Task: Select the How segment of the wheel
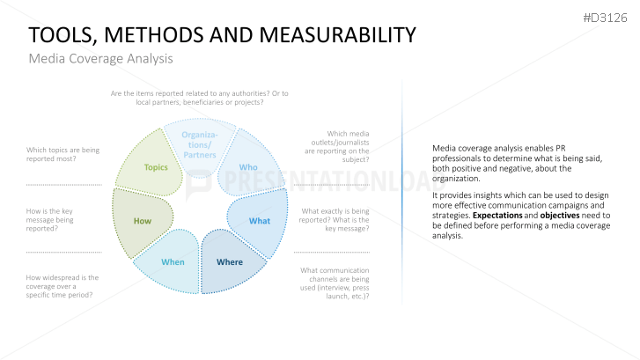tap(143, 221)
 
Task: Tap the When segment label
tap(173, 262)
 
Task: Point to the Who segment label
tap(248, 167)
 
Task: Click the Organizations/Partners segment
tap(200, 147)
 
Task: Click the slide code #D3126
tap(605, 18)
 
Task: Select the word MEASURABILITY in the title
tap(337, 34)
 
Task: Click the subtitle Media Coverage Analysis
tap(101, 58)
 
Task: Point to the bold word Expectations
tap(497, 215)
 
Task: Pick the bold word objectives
tap(560, 216)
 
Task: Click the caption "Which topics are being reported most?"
tap(63, 154)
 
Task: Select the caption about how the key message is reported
tap(50, 219)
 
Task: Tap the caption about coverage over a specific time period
tap(63, 286)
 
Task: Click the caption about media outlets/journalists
tap(337, 146)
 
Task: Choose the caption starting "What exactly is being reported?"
tap(334, 219)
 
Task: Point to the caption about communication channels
tap(335, 283)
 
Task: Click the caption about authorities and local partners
tap(200, 98)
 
